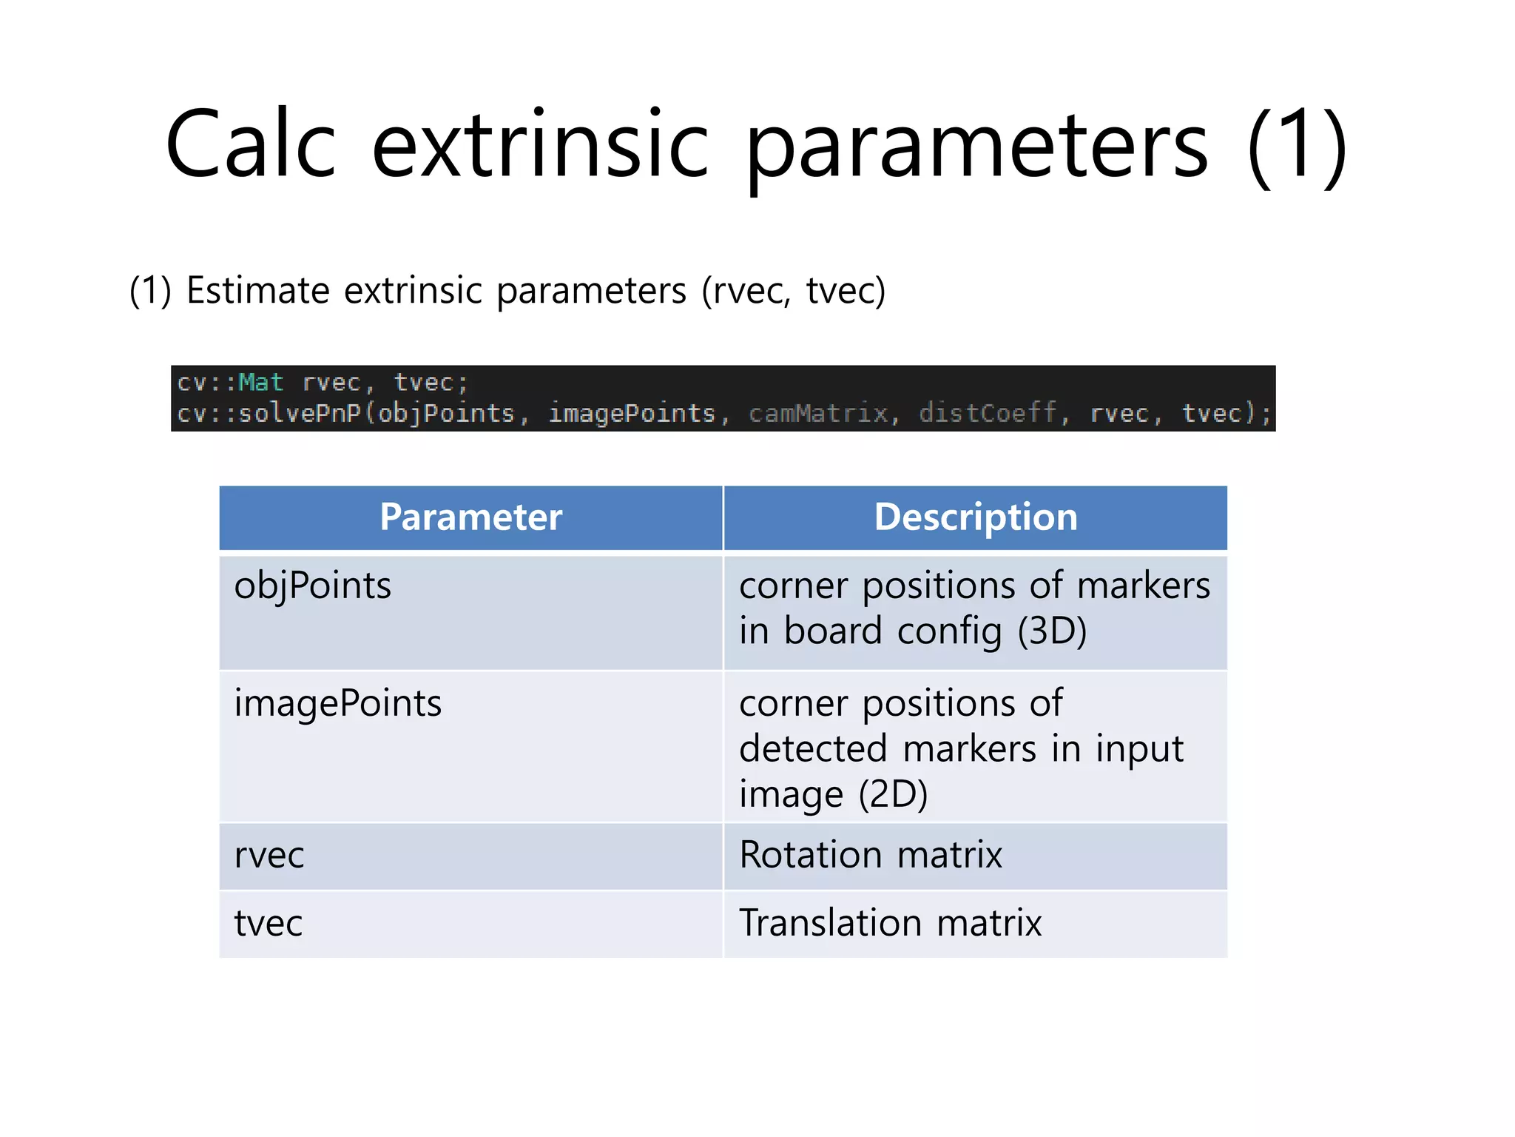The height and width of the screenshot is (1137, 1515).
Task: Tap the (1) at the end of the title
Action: (x=1296, y=145)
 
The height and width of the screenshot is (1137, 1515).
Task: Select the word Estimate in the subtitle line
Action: (x=258, y=290)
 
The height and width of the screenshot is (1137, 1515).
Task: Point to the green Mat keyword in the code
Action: (x=260, y=383)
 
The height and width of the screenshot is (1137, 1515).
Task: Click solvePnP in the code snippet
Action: (x=300, y=413)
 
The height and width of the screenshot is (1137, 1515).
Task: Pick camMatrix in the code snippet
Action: (x=817, y=413)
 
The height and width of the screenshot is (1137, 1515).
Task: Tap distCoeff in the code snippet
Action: (x=988, y=413)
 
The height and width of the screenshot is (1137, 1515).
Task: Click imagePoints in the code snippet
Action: (x=632, y=413)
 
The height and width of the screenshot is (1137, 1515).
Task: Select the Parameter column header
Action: (x=470, y=517)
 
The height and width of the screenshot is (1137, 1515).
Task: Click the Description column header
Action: (x=976, y=517)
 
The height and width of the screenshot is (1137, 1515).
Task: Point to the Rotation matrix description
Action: (x=871, y=856)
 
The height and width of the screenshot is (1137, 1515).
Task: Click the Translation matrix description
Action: (x=890, y=924)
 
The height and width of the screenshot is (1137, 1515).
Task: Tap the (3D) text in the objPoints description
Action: (x=1052, y=631)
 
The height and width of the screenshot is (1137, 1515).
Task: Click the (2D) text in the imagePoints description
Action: (x=893, y=795)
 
